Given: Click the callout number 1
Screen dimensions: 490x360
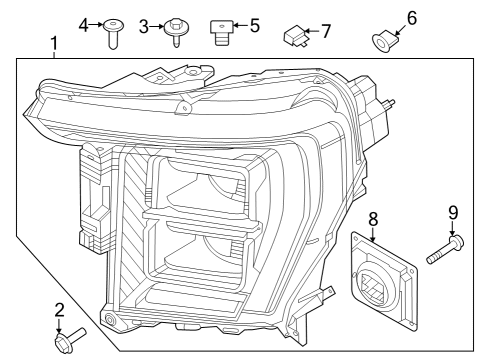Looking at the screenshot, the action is pyautogui.click(x=54, y=45).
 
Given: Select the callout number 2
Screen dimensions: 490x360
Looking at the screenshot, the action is pyautogui.click(x=59, y=310).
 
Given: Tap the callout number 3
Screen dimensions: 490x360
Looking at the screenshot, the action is pyautogui.click(x=144, y=27).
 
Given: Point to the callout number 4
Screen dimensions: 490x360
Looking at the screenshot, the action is pyautogui.click(x=84, y=25).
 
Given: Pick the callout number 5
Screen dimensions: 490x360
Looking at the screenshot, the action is pyautogui.click(x=255, y=25).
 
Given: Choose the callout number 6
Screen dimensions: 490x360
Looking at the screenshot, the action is pyautogui.click(x=412, y=18).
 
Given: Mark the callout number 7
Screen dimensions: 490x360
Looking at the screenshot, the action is pyautogui.click(x=325, y=31).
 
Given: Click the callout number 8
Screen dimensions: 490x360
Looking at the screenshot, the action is pyautogui.click(x=373, y=219).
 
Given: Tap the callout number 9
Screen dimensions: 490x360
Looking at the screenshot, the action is pyautogui.click(x=453, y=213).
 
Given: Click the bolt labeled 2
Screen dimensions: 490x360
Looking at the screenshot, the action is pyautogui.click(x=70, y=338).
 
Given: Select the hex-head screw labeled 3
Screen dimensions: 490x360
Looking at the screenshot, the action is pyautogui.click(x=177, y=32).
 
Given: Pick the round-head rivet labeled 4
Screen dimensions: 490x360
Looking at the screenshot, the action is pyautogui.click(x=113, y=34).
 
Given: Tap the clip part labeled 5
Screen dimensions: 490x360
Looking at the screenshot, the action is pyautogui.click(x=221, y=32).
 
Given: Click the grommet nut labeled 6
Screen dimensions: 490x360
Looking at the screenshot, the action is pyautogui.click(x=385, y=40).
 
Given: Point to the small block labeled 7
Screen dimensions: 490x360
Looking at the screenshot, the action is pyautogui.click(x=297, y=36).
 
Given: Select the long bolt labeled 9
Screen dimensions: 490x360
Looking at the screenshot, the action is pyautogui.click(x=445, y=250).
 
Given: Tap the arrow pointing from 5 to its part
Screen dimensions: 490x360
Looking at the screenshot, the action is pyautogui.click(x=241, y=25).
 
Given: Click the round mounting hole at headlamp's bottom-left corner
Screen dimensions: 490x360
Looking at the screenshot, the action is pyautogui.click(x=109, y=319).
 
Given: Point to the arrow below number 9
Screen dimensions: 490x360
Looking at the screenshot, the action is pyautogui.click(x=452, y=229).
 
